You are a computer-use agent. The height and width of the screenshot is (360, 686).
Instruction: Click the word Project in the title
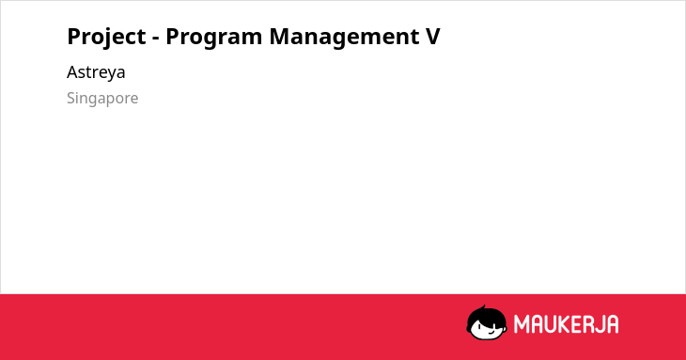[106, 38]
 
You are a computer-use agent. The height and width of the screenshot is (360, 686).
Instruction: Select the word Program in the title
[213, 38]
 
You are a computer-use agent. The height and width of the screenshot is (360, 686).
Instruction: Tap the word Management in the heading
[343, 38]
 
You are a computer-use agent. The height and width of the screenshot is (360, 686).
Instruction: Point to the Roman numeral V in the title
[432, 36]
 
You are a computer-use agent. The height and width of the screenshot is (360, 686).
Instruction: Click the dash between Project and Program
[156, 39]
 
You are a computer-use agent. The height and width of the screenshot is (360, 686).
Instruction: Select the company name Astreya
[96, 72]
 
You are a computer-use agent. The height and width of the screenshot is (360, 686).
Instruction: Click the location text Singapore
[102, 99]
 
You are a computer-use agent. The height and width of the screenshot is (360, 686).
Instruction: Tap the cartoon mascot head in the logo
[487, 323]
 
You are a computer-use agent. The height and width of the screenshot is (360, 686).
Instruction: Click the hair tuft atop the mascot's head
[483, 308]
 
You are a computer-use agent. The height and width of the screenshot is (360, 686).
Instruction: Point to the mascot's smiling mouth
[491, 333]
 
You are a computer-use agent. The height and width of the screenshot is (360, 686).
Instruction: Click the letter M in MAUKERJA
[521, 324]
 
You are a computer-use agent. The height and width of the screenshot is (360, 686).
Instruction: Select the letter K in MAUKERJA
[564, 324]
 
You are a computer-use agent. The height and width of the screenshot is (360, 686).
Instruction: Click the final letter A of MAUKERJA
[612, 324]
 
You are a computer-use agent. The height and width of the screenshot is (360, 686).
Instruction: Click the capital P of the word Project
[74, 36]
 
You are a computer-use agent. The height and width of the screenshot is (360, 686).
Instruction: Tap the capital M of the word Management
[280, 36]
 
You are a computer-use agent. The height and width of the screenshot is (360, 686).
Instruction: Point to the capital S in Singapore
[71, 98]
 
